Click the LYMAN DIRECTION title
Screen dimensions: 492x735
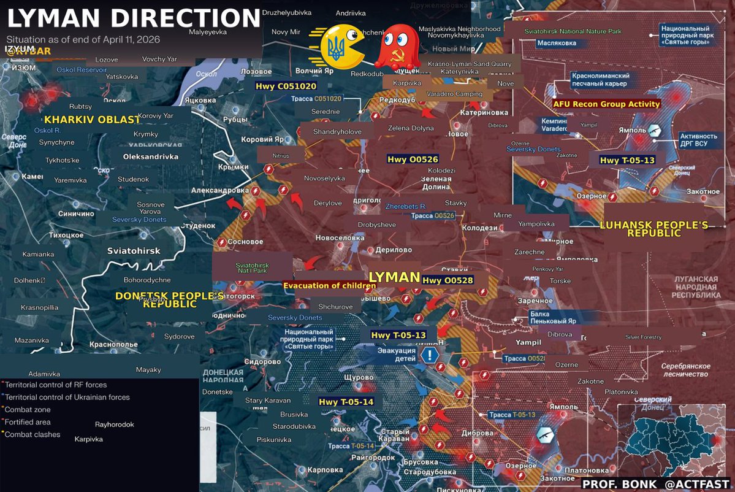(x=134, y=18)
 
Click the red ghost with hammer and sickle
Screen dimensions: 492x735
(x=397, y=47)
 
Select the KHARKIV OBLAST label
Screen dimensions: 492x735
(x=92, y=120)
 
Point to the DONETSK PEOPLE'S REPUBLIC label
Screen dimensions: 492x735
(x=169, y=299)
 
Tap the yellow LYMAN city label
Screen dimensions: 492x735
(x=394, y=277)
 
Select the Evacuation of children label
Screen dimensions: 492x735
(x=329, y=286)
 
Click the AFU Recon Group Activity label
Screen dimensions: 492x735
(x=606, y=104)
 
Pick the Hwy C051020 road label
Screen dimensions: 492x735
(x=286, y=86)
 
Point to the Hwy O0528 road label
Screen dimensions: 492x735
(x=447, y=280)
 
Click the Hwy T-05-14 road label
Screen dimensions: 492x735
(x=346, y=402)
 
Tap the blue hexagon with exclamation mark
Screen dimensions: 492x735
(x=431, y=355)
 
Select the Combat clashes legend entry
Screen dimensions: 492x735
(x=34, y=434)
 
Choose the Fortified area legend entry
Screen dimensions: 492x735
(x=29, y=422)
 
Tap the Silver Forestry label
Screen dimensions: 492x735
(x=643, y=337)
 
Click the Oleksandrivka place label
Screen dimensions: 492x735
(x=151, y=157)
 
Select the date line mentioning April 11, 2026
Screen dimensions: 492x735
(x=83, y=39)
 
